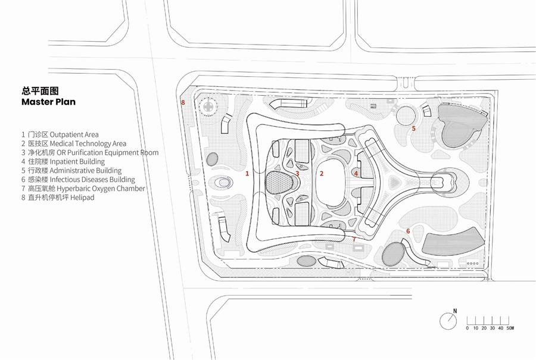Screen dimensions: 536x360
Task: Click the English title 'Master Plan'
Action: (x=49, y=102)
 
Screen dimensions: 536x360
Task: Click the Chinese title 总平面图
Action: (x=40, y=91)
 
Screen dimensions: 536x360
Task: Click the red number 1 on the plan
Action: (x=247, y=174)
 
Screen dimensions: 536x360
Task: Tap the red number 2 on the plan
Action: (x=322, y=174)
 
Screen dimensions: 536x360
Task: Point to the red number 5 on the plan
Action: (x=414, y=129)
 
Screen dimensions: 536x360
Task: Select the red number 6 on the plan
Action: (x=408, y=231)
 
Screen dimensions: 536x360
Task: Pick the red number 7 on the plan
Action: (x=354, y=239)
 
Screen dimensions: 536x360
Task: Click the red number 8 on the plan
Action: (x=183, y=102)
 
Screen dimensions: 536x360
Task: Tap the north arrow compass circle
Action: (x=448, y=321)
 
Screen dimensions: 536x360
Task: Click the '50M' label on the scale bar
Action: (x=510, y=328)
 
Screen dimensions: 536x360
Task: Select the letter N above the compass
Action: (x=454, y=311)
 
